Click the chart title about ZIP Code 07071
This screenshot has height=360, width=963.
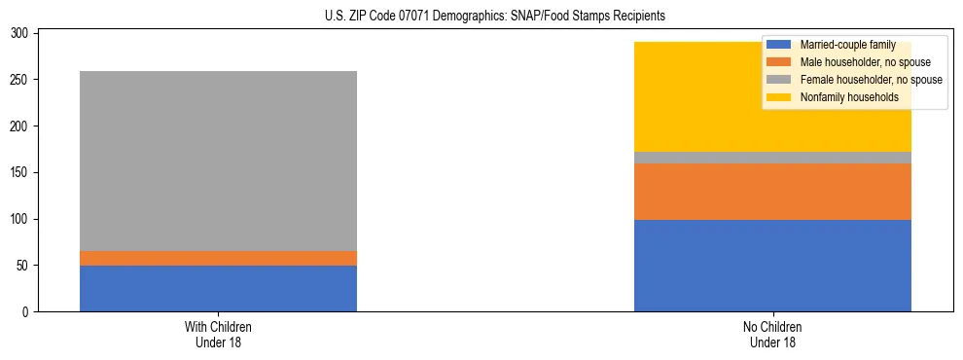coord(481,17)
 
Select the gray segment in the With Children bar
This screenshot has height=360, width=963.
coord(218,161)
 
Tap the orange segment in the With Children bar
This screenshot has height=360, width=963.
coord(218,258)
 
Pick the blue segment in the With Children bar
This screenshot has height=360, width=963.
coord(218,288)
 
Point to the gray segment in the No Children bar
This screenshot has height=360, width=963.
coord(772,158)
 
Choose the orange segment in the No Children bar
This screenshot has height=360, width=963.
coord(772,192)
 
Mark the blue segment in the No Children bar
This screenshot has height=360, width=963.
coord(772,266)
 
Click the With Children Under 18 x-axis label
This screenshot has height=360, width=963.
coord(218,334)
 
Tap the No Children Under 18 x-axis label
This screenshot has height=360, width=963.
coord(772,334)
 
